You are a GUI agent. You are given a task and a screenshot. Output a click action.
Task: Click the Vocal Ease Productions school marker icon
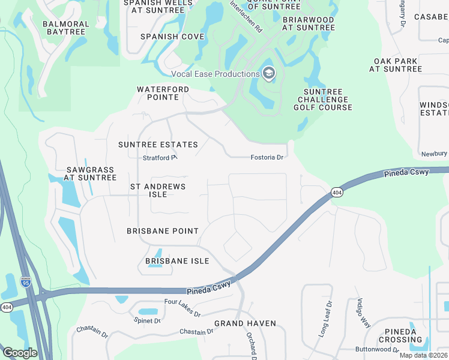pos(268,74)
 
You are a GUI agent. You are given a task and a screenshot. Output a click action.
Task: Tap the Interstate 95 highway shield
pos(26,281)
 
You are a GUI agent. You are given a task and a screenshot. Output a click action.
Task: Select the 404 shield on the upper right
pos(336,192)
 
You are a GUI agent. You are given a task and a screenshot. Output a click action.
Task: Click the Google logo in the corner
pos(20,353)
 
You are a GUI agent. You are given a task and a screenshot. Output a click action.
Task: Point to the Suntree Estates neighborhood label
pos(158,145)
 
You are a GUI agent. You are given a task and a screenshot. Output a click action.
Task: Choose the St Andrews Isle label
pos(158,187)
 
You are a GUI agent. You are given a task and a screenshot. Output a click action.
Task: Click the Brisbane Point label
pos(162,231)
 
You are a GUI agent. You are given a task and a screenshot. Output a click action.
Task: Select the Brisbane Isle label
pos(177,261)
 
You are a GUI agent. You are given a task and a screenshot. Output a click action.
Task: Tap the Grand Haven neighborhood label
pos(245,323)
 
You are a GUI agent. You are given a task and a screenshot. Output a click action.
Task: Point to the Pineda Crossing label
pos(400,335)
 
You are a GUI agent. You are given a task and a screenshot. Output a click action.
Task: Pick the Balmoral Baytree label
pos(66,28)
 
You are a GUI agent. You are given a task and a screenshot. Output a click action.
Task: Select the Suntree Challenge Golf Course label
pos(322,100)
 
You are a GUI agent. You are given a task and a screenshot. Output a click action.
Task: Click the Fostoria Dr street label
pos(267,157)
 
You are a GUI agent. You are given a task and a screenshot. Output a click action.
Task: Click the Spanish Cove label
pos(172,37)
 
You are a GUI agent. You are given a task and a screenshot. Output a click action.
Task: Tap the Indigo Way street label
pos(364,311)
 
